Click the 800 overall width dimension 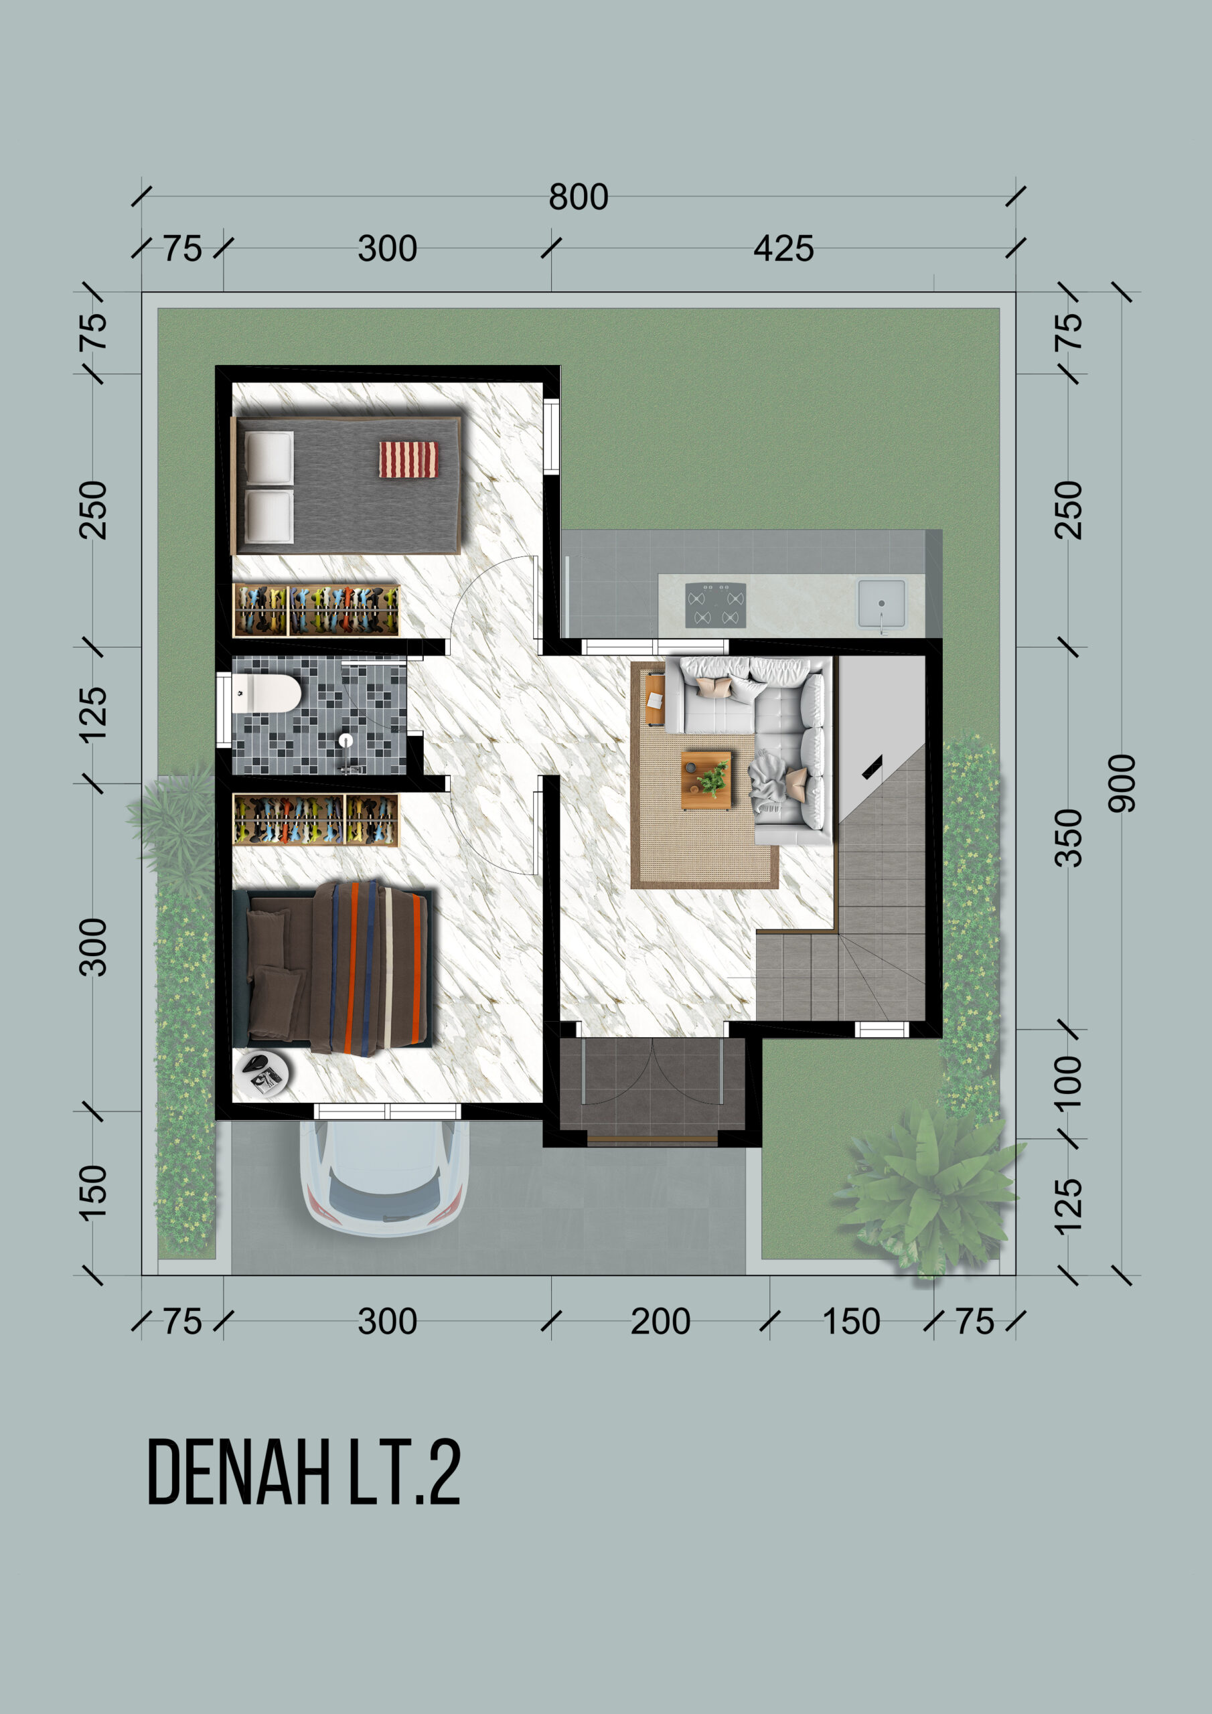pos(579,197)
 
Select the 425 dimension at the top pos(783,248)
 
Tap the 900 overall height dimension pos(1121,783)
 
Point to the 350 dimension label pos(1069,838)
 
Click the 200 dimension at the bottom pos(660,1322)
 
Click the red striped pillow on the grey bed pos(408,459)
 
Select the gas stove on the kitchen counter pos(715,605)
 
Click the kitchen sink pos(881,603)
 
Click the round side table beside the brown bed pos(260,1073)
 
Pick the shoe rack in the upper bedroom pos(316,610)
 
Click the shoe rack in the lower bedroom pos(316,820)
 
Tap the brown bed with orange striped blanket pos(331,967)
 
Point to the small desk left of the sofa pos(654,699)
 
